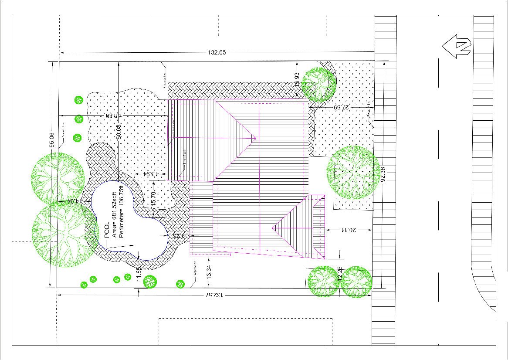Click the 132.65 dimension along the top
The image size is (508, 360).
point(217,53)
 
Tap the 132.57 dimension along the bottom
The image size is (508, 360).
point(213,295)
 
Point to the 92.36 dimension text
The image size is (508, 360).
point(383,174)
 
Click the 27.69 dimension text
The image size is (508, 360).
point(343,107)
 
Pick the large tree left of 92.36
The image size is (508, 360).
point(353,173)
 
